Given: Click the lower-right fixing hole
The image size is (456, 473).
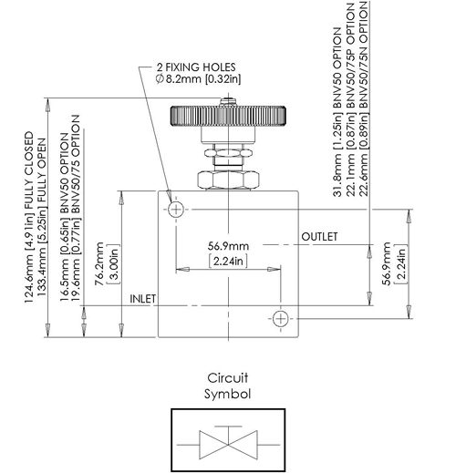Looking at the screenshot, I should coord(280,317).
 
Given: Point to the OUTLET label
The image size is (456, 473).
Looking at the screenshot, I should coord(319,237).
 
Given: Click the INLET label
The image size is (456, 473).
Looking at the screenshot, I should coord(143,298).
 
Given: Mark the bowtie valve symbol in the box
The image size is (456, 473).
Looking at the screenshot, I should coord(228,445).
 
